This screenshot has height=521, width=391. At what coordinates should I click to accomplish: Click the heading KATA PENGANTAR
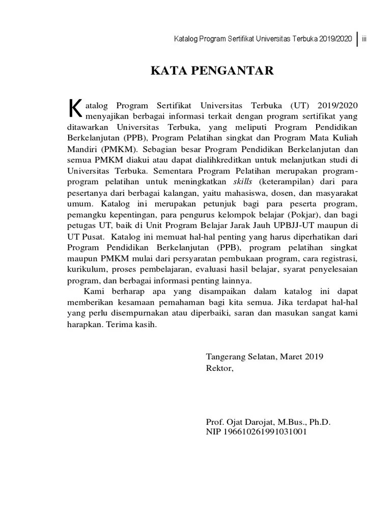pyautogui.click(x=212, y=71)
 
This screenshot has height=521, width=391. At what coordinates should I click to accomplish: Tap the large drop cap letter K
pyautogui.click(x=74, y=108)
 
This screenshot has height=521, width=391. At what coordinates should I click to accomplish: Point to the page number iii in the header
pyautogui.click(x=365, y=39)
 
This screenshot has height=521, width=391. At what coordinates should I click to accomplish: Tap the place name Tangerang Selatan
pyautogui.click(x=241, y=357)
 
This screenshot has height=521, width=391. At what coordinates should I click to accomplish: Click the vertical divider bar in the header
pyautogui.click(x=357, y=39)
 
